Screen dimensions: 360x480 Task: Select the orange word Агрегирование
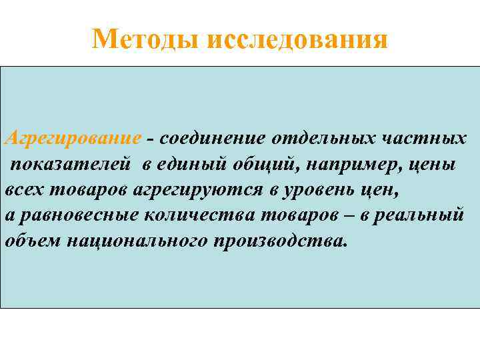coord(72,139)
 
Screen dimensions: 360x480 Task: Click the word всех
coord(25,190)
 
